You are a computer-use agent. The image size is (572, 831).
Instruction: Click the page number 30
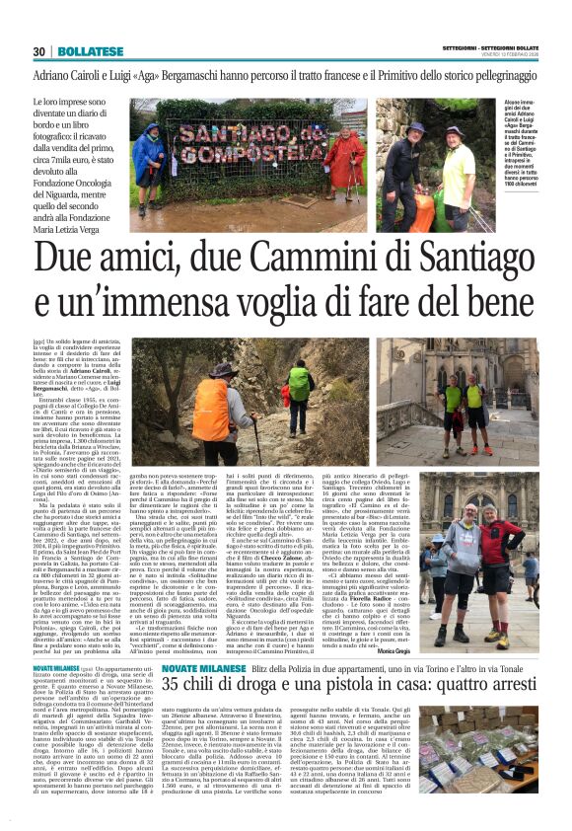pos(39,51)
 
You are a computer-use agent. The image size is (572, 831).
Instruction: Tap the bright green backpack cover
pos(299,380)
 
